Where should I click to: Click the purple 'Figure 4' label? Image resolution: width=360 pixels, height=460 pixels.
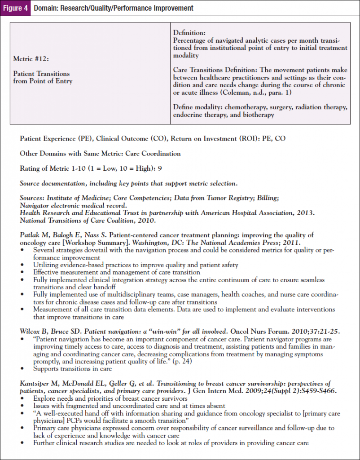[16, 8]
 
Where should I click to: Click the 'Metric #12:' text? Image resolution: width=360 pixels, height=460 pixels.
[30, 59]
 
